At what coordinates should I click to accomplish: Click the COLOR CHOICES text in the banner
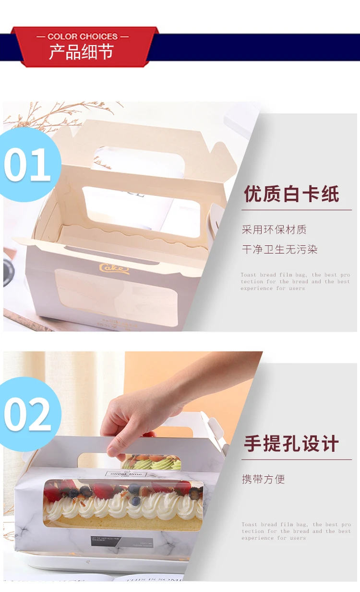point(83,36)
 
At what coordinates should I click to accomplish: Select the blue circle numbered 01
point(28,164)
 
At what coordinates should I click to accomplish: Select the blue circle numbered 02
point(28,414)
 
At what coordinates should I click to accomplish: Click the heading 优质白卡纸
point(291,194)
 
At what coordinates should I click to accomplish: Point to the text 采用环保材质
point(274,230)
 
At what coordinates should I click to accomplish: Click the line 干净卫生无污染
point(279,249)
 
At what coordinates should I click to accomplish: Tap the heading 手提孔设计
point(291,444)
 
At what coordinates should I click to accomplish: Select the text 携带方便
point(263,479)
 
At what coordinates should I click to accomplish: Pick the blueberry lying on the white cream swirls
point(135,501)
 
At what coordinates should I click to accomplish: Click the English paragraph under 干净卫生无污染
point(295,282)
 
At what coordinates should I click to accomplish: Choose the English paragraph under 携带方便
point(296,532)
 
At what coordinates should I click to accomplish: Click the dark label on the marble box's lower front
point(112,541)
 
